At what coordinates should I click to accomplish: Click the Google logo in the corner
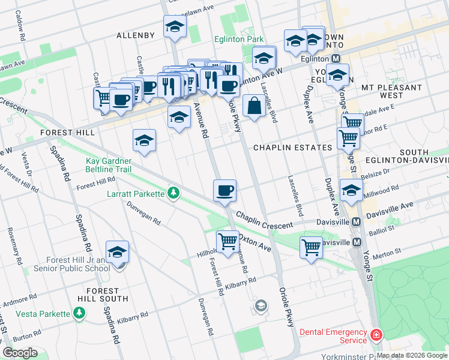click(20, 353)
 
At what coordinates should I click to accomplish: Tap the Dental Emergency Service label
click(333, 336)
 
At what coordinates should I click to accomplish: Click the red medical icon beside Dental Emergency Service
click(376, 334)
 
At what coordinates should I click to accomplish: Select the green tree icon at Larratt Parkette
click(173, 193)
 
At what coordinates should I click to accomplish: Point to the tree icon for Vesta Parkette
click(79, 313)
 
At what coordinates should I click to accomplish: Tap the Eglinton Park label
click(239, 40)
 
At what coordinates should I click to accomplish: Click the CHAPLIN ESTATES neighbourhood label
click(292, 148)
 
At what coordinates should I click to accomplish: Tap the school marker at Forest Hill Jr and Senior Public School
click(118, 253)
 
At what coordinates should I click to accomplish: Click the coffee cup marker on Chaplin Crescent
click(225, 191)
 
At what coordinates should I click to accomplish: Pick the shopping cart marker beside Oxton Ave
click(228, 242)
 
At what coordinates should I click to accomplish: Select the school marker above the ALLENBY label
click(175, 27)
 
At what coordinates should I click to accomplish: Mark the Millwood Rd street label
click(385, 189)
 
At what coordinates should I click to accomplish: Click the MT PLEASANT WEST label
click(391, 91)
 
